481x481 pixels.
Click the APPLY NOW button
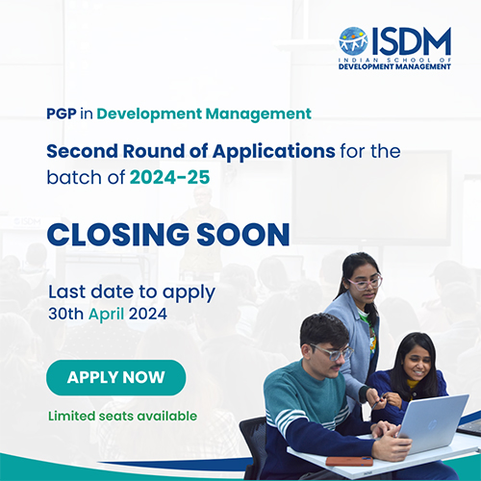click(115, 377)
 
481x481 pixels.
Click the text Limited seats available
click(122, 416)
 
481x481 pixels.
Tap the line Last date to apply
click(132, 291)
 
